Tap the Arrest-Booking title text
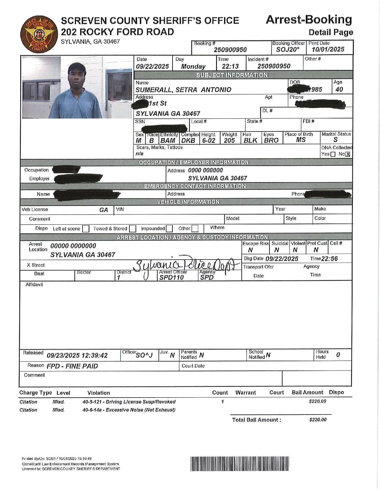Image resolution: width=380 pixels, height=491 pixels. pos(308,20)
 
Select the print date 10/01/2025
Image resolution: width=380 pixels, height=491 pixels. pos(328,50)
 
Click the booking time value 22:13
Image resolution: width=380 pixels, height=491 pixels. pos(230,66)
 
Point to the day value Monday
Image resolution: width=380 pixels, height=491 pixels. pos(193,66)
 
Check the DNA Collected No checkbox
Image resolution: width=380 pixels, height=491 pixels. pos(348,154)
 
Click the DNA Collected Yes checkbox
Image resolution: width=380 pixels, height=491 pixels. pos(333,154)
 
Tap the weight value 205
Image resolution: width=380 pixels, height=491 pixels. pos(229,140)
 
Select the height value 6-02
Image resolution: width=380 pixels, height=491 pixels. pos(208,140)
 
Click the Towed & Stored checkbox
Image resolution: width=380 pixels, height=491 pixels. pos(133,229)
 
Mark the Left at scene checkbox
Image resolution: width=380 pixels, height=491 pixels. pos(86,229)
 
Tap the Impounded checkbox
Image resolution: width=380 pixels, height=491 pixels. pos(169,229)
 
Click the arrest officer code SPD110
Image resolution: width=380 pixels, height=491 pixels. pos(171,277)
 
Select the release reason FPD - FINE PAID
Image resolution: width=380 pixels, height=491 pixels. pos(72,366)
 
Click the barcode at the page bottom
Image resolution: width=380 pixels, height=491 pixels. pos(240,464)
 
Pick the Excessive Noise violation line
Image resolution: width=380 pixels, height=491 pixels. pos(129,410)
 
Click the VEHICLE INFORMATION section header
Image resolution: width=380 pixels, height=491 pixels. pos(188,202)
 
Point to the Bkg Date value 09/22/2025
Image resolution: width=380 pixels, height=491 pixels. pos(282,259)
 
